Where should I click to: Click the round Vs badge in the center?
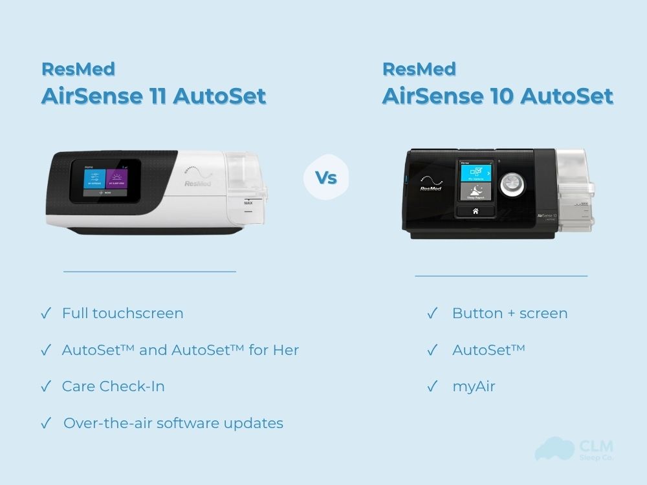326,177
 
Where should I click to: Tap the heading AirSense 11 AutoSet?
153,96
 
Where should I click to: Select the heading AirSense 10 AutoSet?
498,96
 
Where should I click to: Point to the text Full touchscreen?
122,314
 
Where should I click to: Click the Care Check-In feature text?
113,387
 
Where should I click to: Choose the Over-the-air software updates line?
173,424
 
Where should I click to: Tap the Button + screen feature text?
510,314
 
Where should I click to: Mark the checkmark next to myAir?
432,387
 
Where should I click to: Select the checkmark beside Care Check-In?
45,387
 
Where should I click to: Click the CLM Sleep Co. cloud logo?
554,449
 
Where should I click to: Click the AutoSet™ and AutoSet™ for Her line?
180,350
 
